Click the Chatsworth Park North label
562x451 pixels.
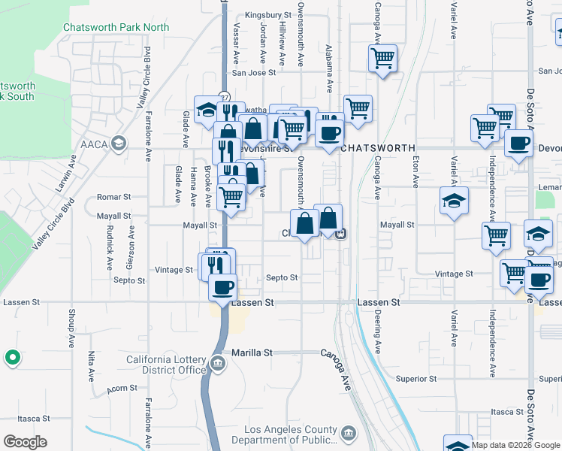[116, 27]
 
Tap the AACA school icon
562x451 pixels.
[118, 143]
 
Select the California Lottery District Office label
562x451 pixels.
[166, 365]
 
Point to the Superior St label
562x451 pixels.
[416, 379]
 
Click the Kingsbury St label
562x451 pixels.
[268, 15]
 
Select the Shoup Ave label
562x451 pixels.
[72, 322]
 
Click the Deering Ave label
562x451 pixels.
[378, 332]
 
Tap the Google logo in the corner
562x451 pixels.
[25, 442]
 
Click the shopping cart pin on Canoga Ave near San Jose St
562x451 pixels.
[383, 58]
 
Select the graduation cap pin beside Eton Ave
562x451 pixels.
[454, 202]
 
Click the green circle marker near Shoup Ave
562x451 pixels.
[12, 358]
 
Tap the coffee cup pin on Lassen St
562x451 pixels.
[222, 287]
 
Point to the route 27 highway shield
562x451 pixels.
[224, 97]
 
